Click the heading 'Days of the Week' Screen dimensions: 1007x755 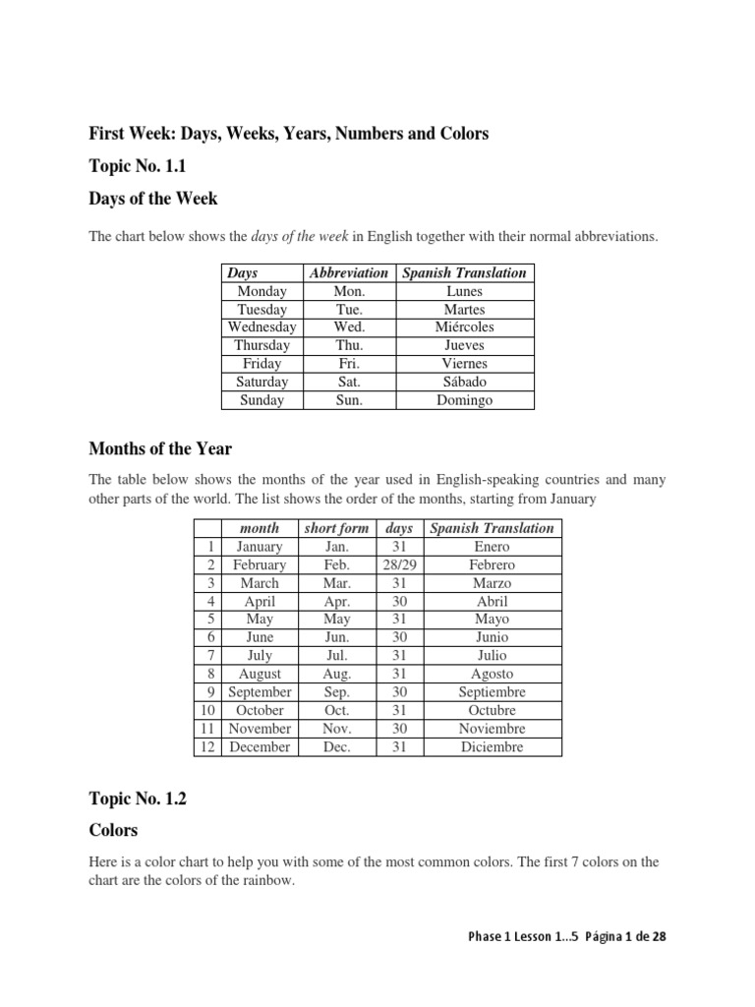(153, 199)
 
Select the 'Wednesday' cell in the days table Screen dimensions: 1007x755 (262, 327)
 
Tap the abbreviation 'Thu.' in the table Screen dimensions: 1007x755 (349, 345)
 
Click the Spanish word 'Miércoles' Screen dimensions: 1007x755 (466, 327)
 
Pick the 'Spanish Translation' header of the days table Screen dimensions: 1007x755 (466, 273)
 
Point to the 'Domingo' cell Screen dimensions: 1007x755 (466, 400)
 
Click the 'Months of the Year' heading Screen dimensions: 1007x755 (160, 448)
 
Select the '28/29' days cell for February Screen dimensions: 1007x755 (399, 565)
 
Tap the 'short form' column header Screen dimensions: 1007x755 (336, 528)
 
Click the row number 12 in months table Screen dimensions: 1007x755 (207, 746)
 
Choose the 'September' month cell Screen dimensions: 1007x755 (260, 692)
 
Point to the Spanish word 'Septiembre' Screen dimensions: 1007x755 (492, 692)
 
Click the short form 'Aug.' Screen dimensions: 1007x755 (336, 674)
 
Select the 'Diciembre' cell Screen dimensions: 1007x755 (492, 746)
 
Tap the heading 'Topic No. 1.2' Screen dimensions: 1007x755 (138, 800)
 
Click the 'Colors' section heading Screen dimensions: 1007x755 (113, 830)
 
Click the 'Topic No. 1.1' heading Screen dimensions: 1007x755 (137, 166)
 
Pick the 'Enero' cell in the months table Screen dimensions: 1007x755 (492, 547)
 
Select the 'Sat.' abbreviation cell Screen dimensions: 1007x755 (349, 382)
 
